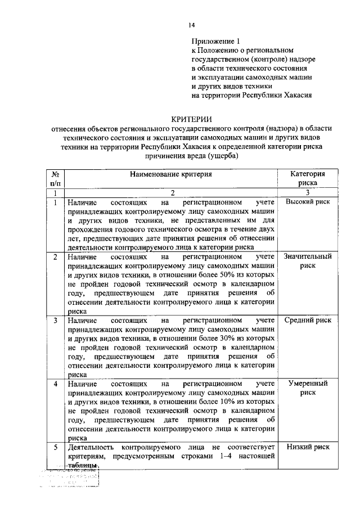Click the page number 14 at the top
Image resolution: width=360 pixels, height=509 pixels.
coord(191,25)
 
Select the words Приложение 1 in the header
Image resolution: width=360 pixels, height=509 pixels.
coord(216,41)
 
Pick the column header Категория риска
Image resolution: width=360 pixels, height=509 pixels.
coord(308,178)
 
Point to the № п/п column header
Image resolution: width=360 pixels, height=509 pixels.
coord(55,178)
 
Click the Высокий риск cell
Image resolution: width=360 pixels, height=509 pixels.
coord(308,202)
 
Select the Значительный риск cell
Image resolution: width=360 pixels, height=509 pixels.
coord(308,261)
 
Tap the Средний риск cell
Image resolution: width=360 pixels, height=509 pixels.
coord(308,321)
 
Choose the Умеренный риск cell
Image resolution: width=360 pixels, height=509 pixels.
coord(308,388)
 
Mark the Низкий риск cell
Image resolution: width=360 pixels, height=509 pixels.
coord(308,447)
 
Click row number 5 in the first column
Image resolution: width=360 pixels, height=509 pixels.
coord(55,447)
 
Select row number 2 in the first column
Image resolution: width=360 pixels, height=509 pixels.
coord(55,257)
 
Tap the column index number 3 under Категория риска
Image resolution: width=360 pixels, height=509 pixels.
coord(308,193)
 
